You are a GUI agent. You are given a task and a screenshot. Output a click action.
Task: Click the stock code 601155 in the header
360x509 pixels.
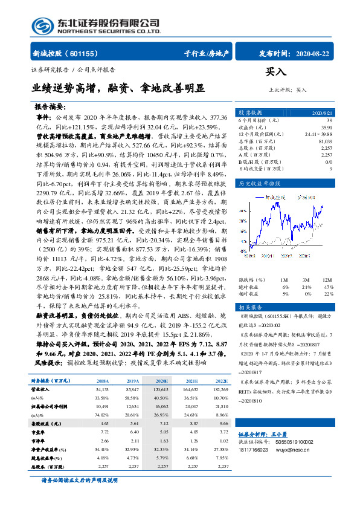[x=94, y=53]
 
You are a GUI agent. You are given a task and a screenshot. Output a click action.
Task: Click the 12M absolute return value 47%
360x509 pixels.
[x=329, y=288]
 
